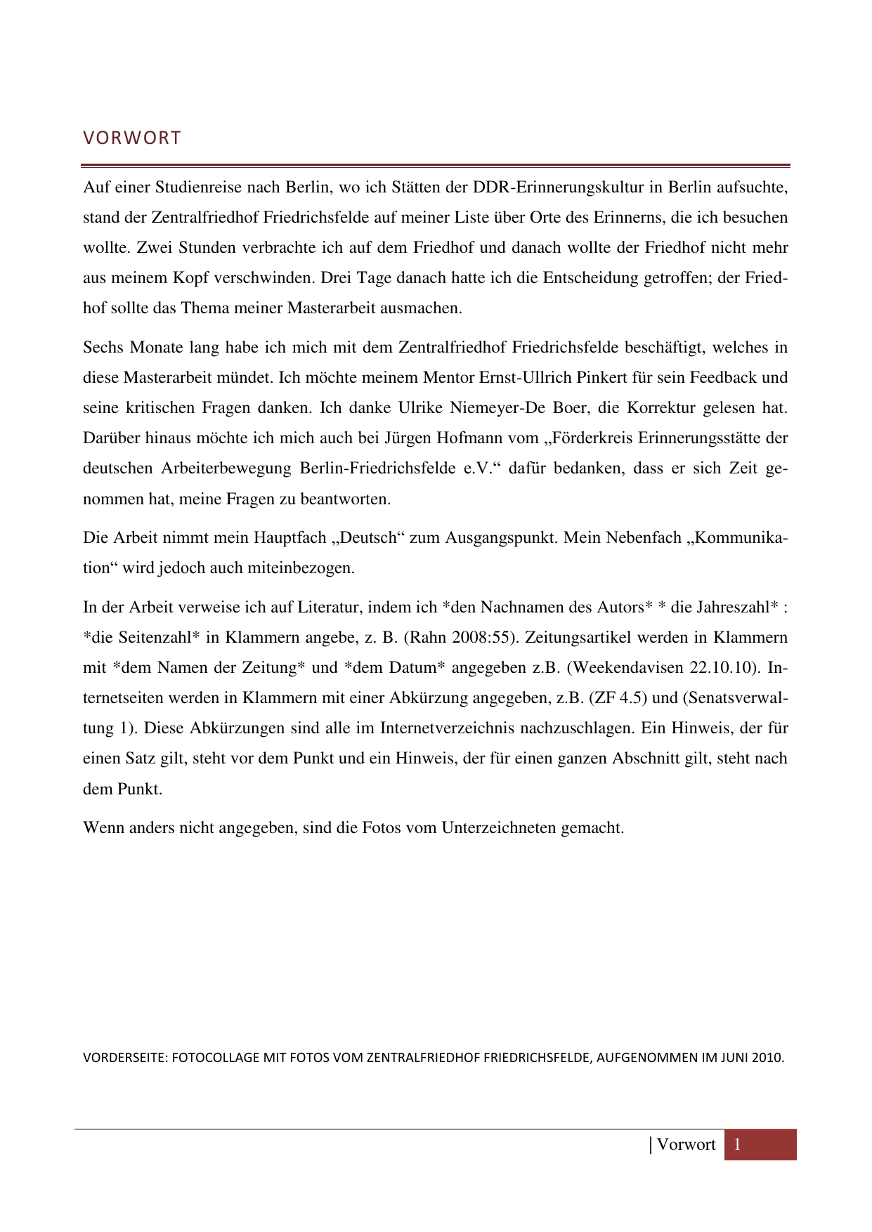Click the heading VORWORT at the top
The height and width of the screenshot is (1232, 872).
[x=132, y=138]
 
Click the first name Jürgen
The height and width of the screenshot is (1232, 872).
[x=408, y=438]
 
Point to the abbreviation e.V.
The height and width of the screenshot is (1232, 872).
[x=479, y=468]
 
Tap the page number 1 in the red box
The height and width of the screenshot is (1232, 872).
[x=738, y=1145]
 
